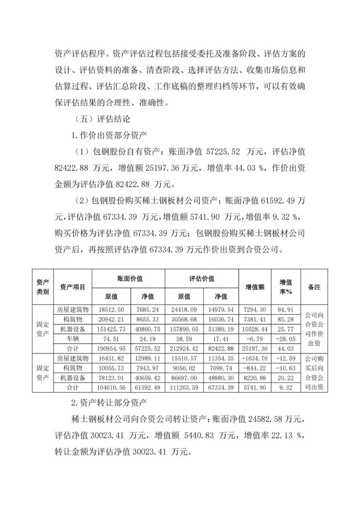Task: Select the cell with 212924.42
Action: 184,349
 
